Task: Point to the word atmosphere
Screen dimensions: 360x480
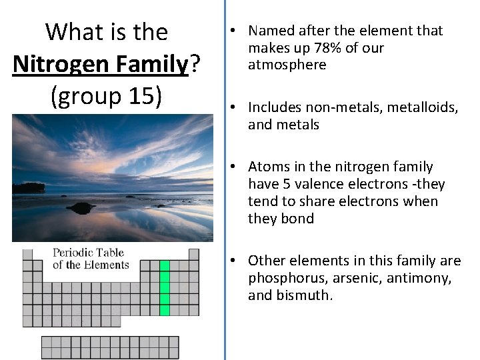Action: (x=287, y=65)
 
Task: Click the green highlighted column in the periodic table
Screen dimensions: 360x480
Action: (x=165, y=287)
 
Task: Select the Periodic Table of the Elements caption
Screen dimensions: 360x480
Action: (x=90, y=259)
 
